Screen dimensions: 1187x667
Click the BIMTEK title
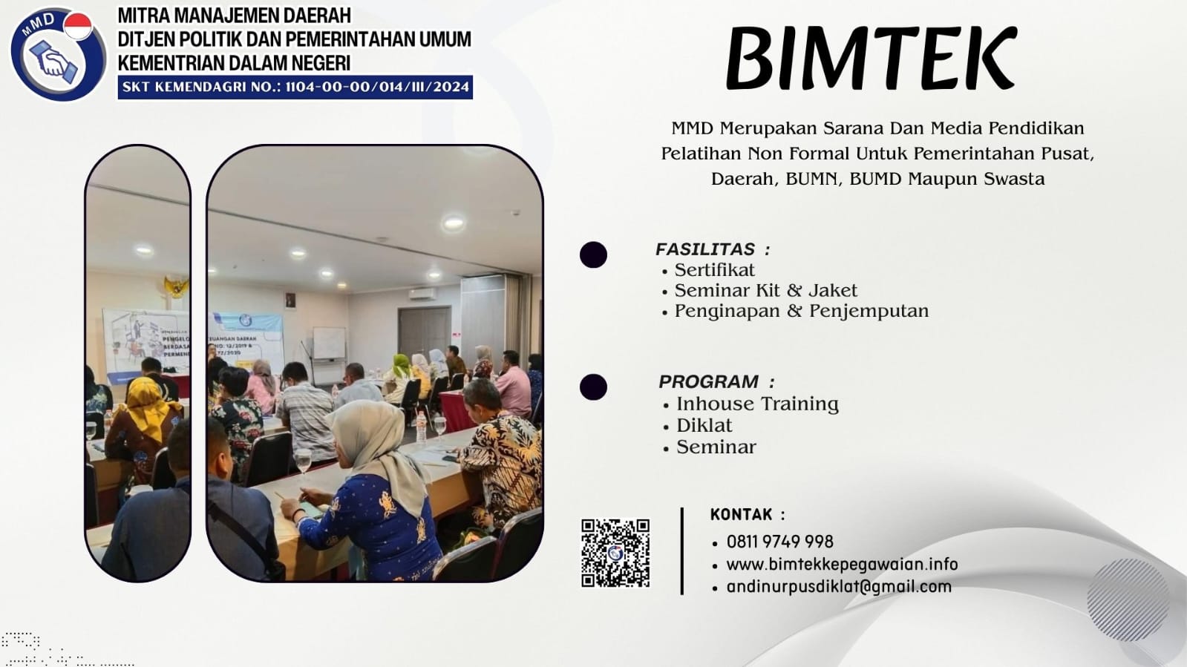pos(872,59)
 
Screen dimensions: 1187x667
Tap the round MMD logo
pos(58,54)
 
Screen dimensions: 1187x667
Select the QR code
pos(615,553)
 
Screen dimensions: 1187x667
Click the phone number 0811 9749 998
pos(779,542)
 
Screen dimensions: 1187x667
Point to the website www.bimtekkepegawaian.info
pos(842,565)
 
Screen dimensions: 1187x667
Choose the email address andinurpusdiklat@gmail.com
pos(839,587)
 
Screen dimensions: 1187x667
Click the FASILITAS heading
pos(713,249)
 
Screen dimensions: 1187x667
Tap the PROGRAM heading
pos(716,381)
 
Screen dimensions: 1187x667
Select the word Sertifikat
pos(714,270)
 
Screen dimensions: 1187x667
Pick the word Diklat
pos(704,425)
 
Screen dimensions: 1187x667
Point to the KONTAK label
pos(748,514)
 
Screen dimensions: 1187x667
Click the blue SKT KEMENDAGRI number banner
pos(295,87)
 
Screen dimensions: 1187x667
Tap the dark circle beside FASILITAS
pos(594,254)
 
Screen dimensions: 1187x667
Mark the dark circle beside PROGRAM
pos(594,387)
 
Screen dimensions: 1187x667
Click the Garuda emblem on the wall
pos(176,286)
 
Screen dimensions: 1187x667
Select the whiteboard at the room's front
pos(329,344)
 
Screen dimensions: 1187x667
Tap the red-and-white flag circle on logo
pos(78,26)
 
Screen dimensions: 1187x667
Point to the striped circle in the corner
pos(1128,599)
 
